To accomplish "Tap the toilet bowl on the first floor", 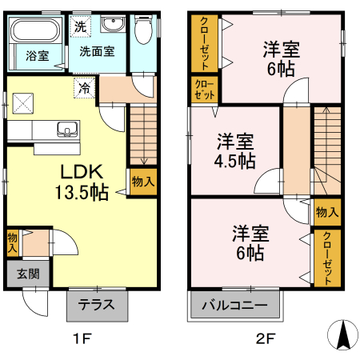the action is (143, 30).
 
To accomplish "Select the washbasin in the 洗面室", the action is (114, 23).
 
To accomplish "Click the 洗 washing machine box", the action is (80, 26).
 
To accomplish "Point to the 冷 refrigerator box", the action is (84, 88).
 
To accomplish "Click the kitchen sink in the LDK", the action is (68, 129).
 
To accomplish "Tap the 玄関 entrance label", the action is (28, 274).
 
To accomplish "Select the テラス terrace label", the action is (97, 305).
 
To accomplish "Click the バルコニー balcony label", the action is (234, 305).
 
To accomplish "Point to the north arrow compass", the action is (342, 335).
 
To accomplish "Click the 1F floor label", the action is (82, 338).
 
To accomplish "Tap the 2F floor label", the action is (266, 338).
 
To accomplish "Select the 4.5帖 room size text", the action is (234, 161).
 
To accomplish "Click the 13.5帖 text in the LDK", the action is (82, 192).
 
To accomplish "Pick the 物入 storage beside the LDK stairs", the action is (143, 182).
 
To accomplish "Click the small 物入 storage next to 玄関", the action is (13, 243).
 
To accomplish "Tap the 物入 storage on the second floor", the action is (327, 213).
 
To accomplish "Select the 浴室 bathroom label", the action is (38, 56).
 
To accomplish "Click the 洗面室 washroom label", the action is (97, 51).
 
